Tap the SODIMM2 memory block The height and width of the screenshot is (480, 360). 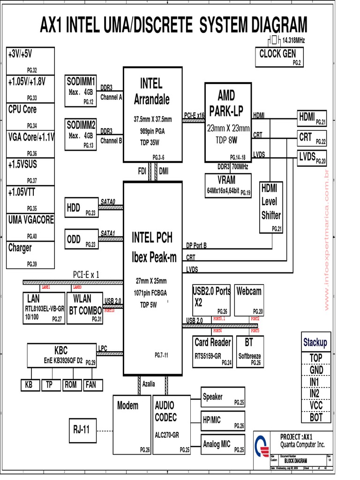(x=82, y=134)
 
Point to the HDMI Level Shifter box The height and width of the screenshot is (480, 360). (x=271, y=206)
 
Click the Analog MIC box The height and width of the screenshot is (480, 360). (x=223, y=445)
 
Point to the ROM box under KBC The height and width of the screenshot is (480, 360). (x=71, y=385)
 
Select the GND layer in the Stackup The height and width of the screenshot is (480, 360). (x=316, y=370)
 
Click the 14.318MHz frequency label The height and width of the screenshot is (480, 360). (x=294, y=41)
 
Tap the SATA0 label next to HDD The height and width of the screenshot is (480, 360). (x=108, y=202)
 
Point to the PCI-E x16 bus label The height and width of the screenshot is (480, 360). (x=194, y=115)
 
